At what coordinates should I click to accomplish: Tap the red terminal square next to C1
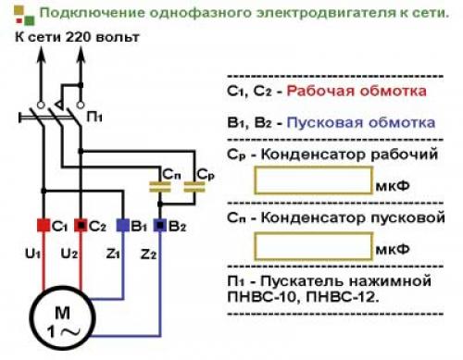[x=43, y=226]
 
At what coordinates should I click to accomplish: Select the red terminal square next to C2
[x=82, y=226]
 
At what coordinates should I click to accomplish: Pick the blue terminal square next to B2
[x=159, y=226]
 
